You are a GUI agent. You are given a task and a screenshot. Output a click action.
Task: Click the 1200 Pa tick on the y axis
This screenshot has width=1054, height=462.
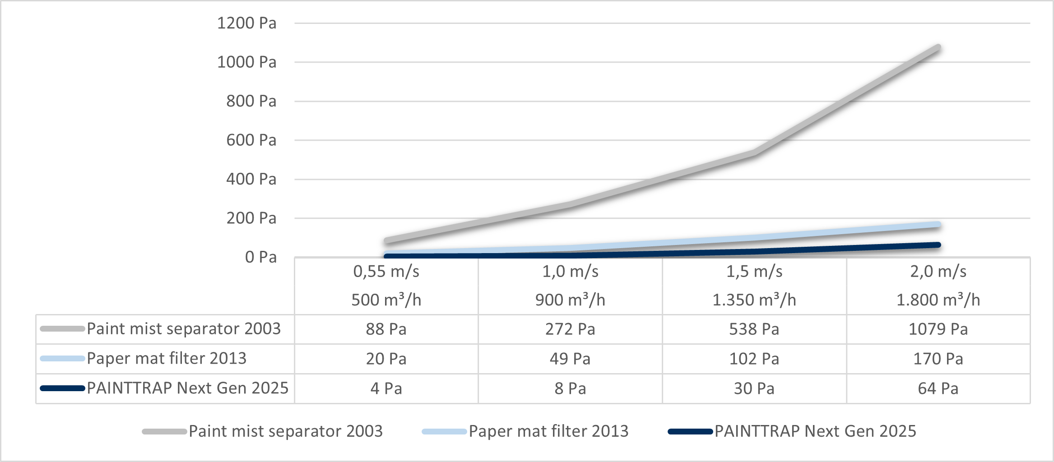[x=246, y=23]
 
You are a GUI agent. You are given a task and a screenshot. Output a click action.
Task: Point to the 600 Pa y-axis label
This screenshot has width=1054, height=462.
[x=251, y=140]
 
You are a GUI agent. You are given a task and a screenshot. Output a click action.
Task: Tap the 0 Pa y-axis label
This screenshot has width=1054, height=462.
[x=260, y=257]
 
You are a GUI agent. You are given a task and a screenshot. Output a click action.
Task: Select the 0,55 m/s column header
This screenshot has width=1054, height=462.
[x=386, y=272]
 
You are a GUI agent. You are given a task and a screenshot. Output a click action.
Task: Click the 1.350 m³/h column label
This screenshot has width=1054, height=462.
[x=754, y=300]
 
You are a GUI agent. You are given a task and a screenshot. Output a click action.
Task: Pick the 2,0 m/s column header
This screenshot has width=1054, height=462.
[x=938, y=272]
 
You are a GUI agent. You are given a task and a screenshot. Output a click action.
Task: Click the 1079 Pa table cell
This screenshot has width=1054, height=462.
[x=938, y=329]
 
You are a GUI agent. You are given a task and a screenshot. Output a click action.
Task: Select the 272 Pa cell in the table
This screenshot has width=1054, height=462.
[x=570, y=329]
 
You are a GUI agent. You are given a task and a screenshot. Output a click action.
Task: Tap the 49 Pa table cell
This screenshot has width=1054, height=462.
[x=570, y=359]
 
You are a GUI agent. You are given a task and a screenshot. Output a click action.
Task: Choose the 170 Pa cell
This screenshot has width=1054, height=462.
[x=938, y=359]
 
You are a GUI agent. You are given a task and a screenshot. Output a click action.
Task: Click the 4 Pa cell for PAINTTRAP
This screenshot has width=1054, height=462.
[x=386, y=388]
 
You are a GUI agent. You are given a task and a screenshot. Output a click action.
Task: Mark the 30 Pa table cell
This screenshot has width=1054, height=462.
[x=754, y=388]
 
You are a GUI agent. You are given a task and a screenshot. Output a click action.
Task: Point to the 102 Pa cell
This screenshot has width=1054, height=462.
[x=754, y=359]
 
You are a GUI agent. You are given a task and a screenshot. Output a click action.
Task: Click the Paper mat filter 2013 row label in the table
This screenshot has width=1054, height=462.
[x=167, y=359]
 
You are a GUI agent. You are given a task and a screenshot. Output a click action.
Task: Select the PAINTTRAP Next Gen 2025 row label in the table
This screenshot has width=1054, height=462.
[x=187, y=388]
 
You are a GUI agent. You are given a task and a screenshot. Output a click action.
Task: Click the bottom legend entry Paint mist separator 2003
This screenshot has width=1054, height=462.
[x=285, y=431]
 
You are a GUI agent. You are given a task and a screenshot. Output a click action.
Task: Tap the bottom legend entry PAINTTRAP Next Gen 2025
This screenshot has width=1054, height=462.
[x=815, y=431]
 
